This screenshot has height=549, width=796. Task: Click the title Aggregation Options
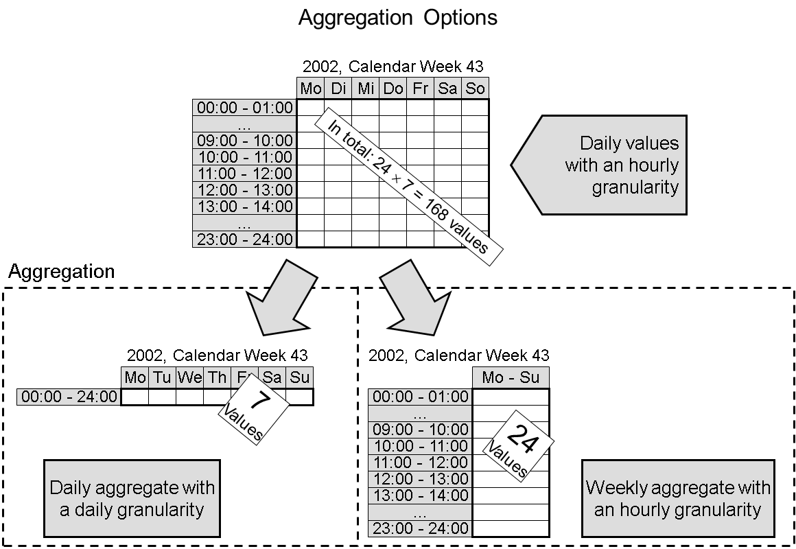397,18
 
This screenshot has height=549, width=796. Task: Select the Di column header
338,89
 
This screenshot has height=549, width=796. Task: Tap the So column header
475,89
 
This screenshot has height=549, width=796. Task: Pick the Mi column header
365,89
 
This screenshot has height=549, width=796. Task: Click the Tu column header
162,377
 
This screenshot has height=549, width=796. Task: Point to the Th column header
217,377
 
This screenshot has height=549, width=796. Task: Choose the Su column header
299,377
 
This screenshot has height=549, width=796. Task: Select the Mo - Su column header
511,377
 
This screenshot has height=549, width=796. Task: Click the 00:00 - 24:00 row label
69,397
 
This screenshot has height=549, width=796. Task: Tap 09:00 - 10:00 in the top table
245,141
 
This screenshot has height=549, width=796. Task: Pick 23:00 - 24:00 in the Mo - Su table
420,528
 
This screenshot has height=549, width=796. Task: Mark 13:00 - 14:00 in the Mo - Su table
420,495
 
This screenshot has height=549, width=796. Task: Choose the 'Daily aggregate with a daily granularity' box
132,499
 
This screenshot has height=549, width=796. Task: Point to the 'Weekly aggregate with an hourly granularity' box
678,499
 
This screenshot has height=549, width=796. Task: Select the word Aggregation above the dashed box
62,272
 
